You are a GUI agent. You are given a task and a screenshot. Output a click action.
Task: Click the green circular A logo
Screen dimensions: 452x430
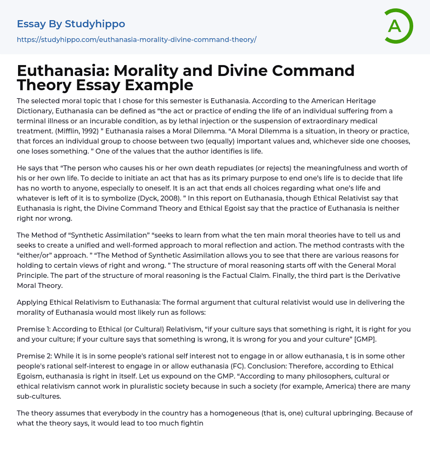coord(398,26)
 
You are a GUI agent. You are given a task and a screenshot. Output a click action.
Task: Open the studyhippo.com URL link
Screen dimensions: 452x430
coord(136,39)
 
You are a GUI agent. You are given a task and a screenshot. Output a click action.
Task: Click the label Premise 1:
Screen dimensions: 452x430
coord(34,329)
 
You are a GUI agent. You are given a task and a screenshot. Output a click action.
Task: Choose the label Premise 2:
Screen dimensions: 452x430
coord(34,356)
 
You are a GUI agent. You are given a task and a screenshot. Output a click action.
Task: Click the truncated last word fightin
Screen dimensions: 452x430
coord(188,423)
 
